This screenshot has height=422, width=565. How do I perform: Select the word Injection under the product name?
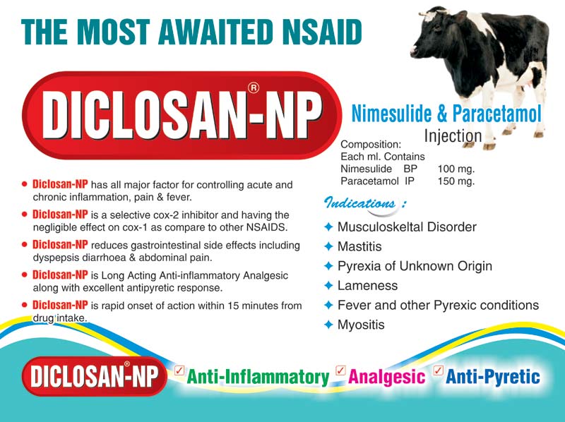click(x=453, y=135)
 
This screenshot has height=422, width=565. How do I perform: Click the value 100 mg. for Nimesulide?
click(x=456, y=169)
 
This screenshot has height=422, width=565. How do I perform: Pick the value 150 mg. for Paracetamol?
click(x=456, y=181)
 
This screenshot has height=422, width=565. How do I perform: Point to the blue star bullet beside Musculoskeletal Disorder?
click(x=328, y=227)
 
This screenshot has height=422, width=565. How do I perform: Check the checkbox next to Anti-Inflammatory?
click(x=179, y=369)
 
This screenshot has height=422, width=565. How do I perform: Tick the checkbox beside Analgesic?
click(x=340, y=369)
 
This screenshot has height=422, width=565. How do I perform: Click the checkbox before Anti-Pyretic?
click(x=437, y=369)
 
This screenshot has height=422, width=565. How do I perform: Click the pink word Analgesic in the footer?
click(x=387, y=376)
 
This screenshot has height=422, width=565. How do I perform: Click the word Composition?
click(x=371, y=143)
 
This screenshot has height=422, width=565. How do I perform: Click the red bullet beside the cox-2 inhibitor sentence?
click(x=25, y=213)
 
